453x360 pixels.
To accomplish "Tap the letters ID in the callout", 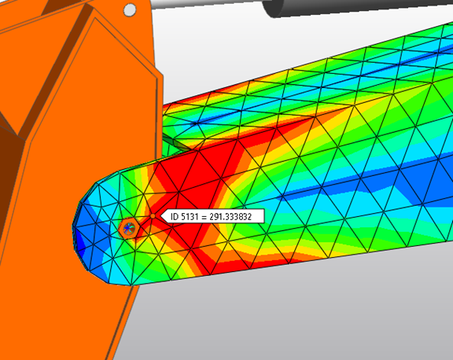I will tap(175, 216).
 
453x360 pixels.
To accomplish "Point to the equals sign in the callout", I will tap(205, 216).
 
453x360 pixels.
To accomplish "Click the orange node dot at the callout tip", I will tap(152, 215).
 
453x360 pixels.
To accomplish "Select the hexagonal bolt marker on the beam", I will tap(127, 228).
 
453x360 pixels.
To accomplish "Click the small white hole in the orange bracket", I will tap(130, 9).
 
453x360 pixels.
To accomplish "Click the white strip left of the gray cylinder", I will tap(204, 4).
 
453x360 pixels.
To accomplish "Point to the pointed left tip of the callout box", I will tap(160, 216).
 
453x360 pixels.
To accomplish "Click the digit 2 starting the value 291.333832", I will tap(212, 216).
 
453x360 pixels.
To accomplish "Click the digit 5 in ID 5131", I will tap(185, 216).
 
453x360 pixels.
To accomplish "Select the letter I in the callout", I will tap(172, 216).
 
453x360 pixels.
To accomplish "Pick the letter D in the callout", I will tap(177, 216).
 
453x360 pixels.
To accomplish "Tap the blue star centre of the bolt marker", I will tap(127, 228).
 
